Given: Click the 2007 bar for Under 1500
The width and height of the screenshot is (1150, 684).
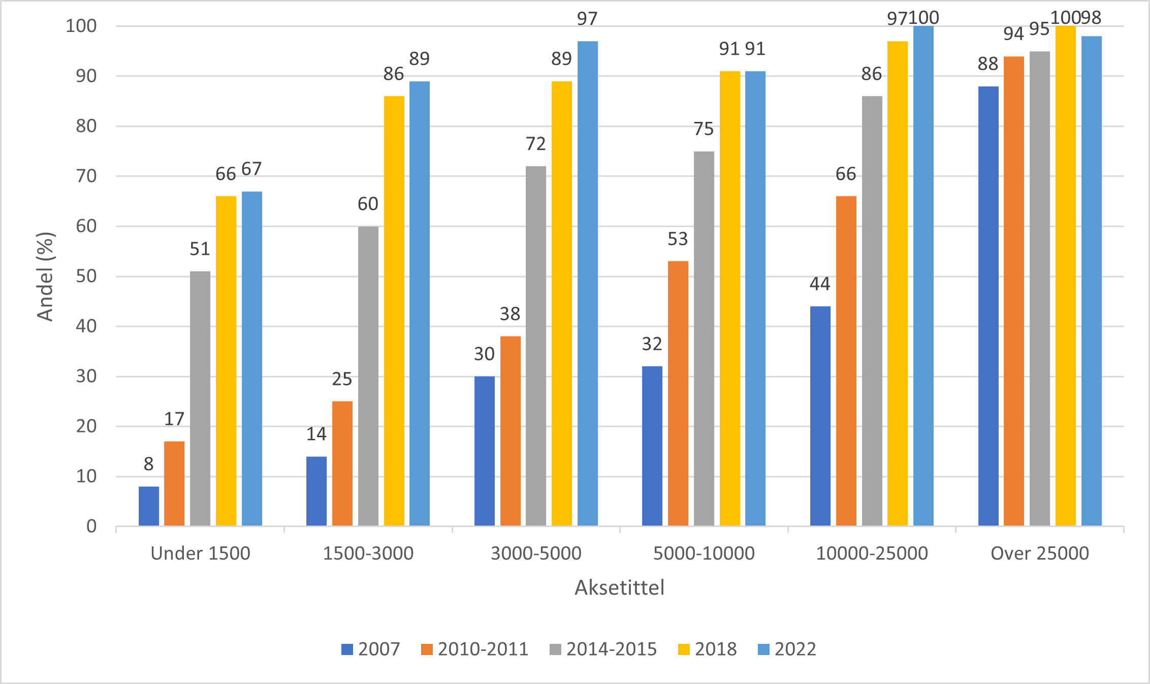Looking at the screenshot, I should click(x=149, y=506).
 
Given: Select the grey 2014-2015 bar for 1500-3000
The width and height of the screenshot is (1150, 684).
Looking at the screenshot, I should click(x=368, y=376).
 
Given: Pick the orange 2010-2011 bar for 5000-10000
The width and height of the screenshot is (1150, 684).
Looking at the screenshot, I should click(x=678, y=394).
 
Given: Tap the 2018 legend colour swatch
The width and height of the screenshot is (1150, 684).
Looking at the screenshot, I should click(x=684, y=649).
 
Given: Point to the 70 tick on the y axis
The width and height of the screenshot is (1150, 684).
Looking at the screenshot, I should click(x=86, y=176).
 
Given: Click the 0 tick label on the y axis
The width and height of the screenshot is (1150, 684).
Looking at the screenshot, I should click(x=91, y=526).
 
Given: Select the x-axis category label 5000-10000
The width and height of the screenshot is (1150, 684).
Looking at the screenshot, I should click(x=704, y=553).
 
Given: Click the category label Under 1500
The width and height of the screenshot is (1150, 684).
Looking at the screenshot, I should click(x=201, y=553).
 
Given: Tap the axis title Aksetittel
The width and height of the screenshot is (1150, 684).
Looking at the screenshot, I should click(x=619, y=588).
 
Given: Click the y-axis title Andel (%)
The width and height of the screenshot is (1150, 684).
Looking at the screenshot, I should click(x=46, y=276).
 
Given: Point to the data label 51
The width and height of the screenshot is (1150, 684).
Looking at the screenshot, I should click(x=200, y=249).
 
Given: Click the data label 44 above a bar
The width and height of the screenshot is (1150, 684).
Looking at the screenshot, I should click(x=820, y=284).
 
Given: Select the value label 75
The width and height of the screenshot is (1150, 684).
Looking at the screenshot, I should click(x=704, y=129).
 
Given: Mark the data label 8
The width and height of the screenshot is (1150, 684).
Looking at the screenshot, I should click(x=148, y=464).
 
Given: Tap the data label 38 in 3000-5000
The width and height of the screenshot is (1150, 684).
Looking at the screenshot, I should click(x=510, y=314).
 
